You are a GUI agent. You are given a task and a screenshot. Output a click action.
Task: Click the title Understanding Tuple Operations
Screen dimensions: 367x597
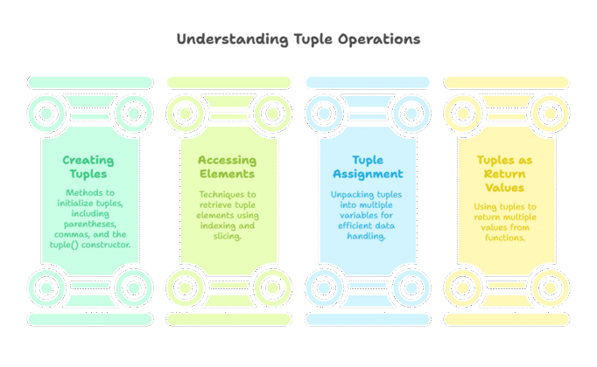[298, 39]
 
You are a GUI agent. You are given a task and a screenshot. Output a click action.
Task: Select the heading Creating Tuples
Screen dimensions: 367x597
[89, 167]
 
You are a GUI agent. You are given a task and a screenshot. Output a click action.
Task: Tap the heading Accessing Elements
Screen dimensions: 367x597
[228, 167]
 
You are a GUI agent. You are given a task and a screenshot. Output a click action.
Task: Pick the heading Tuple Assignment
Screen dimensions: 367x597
[367, 167]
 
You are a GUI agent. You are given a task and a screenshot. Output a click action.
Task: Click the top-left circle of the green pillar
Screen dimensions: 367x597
[46, 113]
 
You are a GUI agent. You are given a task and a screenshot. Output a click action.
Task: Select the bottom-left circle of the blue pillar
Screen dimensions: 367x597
[324, 286]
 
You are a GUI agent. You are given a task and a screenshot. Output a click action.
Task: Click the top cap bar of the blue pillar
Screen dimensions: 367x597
[367, 82]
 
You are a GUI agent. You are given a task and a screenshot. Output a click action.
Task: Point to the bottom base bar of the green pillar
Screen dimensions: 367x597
[89, 319]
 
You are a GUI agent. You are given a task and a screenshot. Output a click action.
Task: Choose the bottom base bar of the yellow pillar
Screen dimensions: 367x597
[506, 319]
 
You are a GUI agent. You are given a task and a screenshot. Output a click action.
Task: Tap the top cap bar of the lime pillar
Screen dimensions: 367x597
[228, 82]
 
